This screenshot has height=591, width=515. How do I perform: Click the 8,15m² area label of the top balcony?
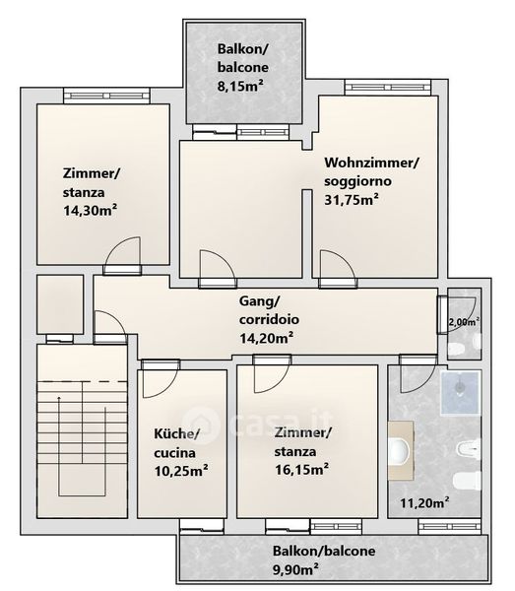pyautogui.click(x=240, y=86)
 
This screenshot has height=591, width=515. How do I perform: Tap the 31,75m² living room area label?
pyautogui.click(x=352, y=199)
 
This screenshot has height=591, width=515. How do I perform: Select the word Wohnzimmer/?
pyautogui.click(x=372, y=163)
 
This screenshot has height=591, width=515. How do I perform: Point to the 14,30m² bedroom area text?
pyautogui.click(x=90, y=211)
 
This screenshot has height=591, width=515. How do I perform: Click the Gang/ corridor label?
pyautogui.click(x=260, y=301)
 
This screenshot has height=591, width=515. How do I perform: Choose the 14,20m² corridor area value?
pyautogui.click(x=266, y=338)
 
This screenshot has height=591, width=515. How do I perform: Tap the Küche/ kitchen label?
pyautogui.click(x=176, y=433)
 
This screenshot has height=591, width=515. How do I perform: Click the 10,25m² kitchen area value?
pyautogui.click(x=181, y=471)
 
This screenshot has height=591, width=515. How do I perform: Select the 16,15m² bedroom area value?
pyautogui.click(x=301, y=470)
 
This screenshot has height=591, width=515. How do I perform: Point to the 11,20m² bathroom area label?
pyautogui.click(x=424, y=502)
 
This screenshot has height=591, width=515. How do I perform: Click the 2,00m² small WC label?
pyautogui.click(x=464, y=321)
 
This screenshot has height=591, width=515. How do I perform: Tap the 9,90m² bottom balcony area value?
pyautogui.click(x=295, y=569)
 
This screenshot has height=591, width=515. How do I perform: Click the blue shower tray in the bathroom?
pyautogui.click(x=461, y=392)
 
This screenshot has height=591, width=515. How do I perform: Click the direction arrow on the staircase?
pyautogui.click(x=59, y=446)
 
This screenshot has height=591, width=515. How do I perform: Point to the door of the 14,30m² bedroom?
pyautogui.click(x=122, y=255)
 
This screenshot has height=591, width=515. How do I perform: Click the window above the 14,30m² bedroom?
pyautogui.click(x=106, y=96)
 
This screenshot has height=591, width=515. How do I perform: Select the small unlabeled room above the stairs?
pyautogui.click(x=60, y=304)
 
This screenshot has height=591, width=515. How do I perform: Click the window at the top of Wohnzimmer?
pyautogui.click(x=388, y=88)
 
